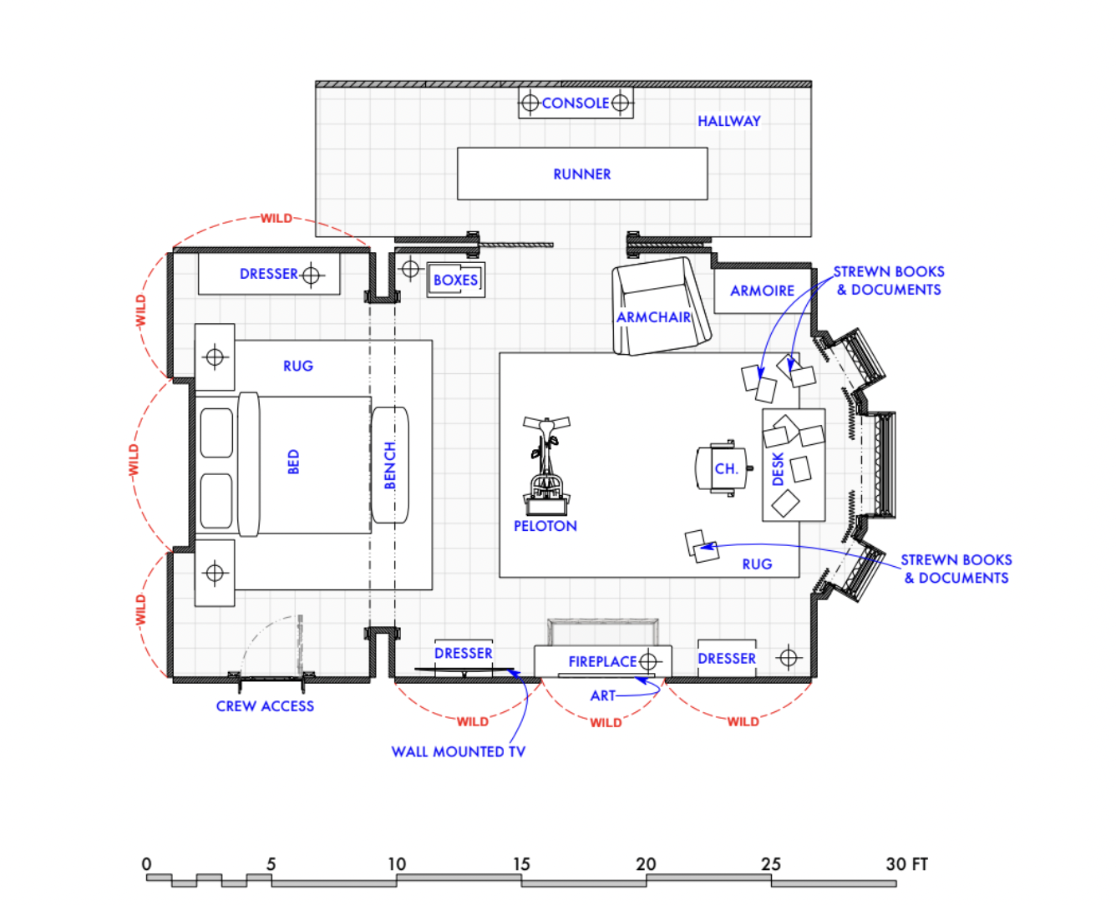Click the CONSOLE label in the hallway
[x=575, y=104]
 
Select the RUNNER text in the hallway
[x=581, y=174]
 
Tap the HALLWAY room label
[x=728, y=121]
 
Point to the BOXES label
[x=455, y=281]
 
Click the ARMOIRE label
[x=762, y=291]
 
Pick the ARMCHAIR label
[x=653, y=317]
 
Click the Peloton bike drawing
[x=546, y=468]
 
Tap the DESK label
[x=778, y=469]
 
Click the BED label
[x=293, y=462]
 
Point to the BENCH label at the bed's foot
[x=390, y=466]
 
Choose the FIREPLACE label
[x=602, y=662]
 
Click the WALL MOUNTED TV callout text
[x=458, y=751]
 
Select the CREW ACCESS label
[x=265, y=706]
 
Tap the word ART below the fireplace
[x=602, y=695]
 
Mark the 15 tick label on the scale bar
[x=521, y=864]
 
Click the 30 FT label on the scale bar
[x=906, y=864]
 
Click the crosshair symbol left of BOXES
[x=410, y=269]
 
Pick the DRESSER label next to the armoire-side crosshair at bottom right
[x=726, y=659]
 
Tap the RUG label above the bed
[x=297, y=367]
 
